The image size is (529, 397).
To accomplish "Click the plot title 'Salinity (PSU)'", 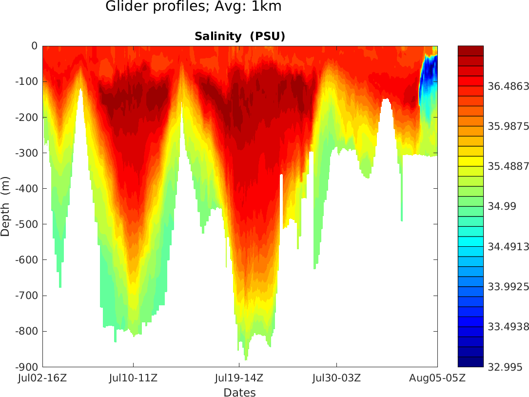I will [x=239, y=37].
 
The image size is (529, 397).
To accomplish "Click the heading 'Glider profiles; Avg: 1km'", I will [x=194, y=7].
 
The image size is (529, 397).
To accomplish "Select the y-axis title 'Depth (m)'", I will [x=5, y=206].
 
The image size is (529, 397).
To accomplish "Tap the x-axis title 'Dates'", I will [x=239, y=393].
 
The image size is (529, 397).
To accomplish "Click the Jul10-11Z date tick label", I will [x=133, y=378].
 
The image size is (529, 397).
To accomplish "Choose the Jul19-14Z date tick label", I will [x=239, y=378].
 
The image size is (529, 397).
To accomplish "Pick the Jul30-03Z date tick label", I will [x=336, y=378].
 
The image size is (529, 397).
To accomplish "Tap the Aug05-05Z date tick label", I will [x=437, y=378].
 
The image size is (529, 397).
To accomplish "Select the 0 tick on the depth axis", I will [x=34, y=46].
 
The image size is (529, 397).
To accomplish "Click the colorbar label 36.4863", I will [x=509, y=86].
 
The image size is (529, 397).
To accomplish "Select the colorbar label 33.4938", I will [x=509, y=327].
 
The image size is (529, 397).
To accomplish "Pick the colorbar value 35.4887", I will [x=509, y=166].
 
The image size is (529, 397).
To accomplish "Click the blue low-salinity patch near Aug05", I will [x=429, y=73].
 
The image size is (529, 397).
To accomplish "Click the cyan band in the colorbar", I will [x=470, y=241].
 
